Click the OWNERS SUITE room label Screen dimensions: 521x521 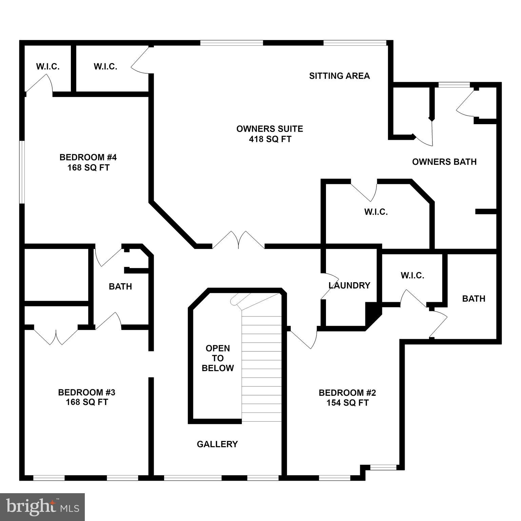(270, 129)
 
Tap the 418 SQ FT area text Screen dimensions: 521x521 (270, 139)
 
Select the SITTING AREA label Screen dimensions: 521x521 (339, 76)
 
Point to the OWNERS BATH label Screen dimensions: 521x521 (444, 162)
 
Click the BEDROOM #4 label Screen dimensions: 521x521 (88, 157)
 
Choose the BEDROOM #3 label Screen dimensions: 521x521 (87, 392)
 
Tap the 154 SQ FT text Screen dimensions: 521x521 (347, 403)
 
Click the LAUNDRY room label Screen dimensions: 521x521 (349, 286)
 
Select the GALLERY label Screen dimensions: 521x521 (217, 444)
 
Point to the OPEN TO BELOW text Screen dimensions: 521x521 (218, 358)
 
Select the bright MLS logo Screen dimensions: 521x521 (42, 507)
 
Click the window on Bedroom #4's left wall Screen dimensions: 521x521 (22, 172)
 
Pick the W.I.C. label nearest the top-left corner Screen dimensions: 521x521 (48, 66)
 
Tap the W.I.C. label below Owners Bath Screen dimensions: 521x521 (376, 212)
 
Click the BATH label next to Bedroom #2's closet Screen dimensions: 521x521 (474, 298)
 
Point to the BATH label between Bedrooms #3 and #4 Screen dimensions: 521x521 (120, 287)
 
